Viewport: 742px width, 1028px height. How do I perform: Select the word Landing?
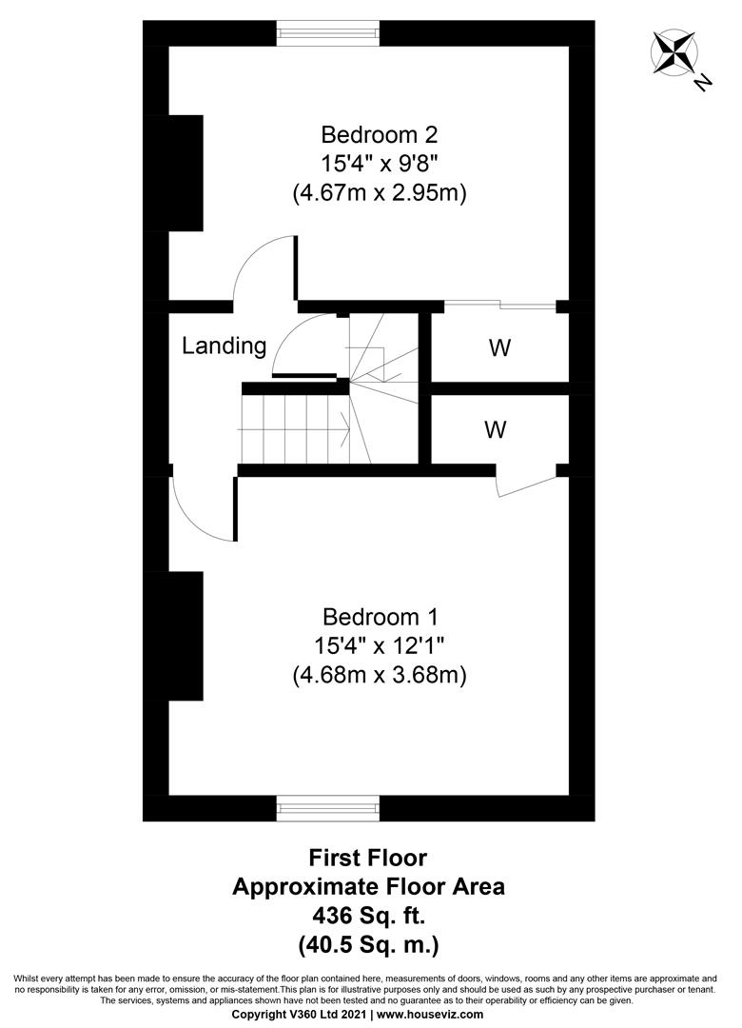tap(224, 346)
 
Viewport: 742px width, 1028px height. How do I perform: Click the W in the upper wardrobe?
tap(499, 348)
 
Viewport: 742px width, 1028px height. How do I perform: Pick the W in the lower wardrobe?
tap(494, 430)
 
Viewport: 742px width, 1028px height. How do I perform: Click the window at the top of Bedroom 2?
tap(328, 33)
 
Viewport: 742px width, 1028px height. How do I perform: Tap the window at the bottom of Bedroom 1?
tap(328, 808)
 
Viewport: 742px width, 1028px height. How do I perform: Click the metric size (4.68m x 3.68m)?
tap(380, 675)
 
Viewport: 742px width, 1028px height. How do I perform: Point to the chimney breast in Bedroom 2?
tap(185, 173)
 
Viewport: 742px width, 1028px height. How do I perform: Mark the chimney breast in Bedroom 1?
tap(185, 636)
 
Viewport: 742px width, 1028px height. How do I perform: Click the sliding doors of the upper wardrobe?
tap(500, 305)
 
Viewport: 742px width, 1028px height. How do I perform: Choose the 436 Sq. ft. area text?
tap(369, 917)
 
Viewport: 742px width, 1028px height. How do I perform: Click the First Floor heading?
tap(369, 858)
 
